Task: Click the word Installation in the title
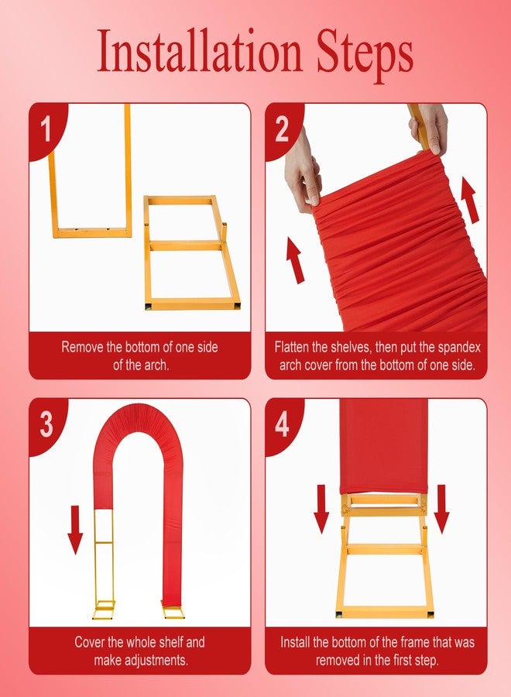tap(200, 51)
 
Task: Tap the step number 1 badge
tap(46, 129)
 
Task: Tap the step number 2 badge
tap(282, 129)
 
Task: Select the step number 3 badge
tap(46, 424)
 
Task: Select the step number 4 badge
tap(282, 424)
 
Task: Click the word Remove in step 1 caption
tap(83, 347)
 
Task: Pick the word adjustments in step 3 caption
tap(156, 660)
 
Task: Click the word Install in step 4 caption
tap(295, 642)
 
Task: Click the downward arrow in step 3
tap(75, 530)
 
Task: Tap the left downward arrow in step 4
tap(321, 509)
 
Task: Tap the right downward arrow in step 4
tap(441, 509)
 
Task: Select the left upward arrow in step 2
tap(295, 260)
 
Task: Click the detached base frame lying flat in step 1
tap(191, 252)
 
